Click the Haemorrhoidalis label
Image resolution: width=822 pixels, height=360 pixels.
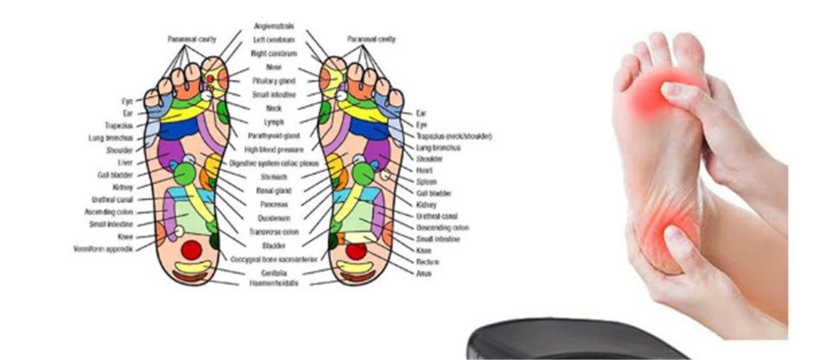[273, 283]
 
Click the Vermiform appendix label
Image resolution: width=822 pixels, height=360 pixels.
[103, 249]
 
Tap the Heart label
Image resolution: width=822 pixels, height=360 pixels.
[425, 171]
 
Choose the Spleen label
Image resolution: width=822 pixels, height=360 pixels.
[427, 183]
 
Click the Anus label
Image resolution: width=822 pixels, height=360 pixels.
[425, 273]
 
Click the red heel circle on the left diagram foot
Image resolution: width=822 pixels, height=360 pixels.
[190, 250]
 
